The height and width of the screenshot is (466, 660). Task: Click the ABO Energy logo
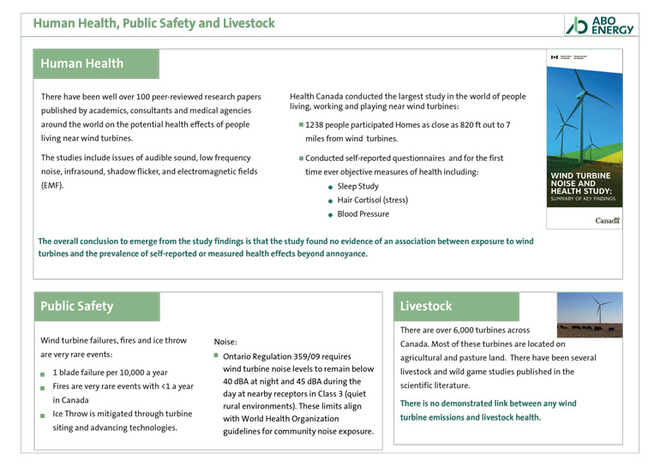(600, 25)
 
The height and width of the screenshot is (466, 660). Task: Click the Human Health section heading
(82, 63)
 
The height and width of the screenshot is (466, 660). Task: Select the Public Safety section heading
(77, 306)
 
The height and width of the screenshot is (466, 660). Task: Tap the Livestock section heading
(426, 306)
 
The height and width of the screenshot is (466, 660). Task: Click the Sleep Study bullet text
(357, 186)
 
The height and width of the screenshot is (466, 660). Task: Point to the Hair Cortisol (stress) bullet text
(372, 200)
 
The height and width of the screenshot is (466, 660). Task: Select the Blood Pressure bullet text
(363, 214)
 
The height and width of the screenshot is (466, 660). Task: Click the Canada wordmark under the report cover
(607, 221)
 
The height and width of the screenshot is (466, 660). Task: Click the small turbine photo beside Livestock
(589, 314)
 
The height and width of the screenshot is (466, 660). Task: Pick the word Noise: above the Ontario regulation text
(225, 341)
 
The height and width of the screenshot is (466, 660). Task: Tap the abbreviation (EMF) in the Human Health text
(52, 185)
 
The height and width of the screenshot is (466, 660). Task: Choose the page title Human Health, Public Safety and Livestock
(154, 23)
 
